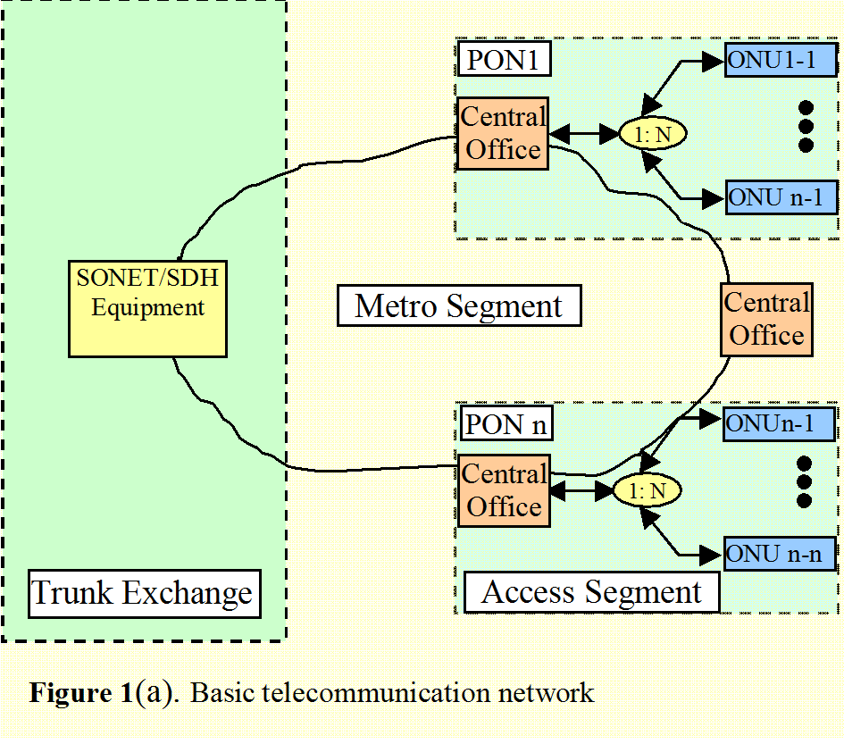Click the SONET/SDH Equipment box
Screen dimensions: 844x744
point(148,309)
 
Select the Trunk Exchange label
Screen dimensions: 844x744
point(145,594)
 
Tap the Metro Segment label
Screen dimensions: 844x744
point(459,305)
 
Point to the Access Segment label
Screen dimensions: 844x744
point(591,592)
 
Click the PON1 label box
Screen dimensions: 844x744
point(505,59)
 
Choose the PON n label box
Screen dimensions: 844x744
point(506,423)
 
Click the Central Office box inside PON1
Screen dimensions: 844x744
point(503,133)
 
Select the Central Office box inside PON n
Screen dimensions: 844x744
point(505,490)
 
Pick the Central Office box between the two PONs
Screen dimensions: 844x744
point(766,320)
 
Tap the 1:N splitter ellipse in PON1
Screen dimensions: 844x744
point(652,133)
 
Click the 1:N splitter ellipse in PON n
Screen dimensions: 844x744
point(648,490)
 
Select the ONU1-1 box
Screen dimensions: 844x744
point(781,60)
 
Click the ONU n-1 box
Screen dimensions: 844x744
point(781,197)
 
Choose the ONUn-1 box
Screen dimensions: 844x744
point(779,423)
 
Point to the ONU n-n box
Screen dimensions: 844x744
point(780,554)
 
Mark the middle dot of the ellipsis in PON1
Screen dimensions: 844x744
point(806,127)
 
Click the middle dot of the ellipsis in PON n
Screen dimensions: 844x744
point(804,481)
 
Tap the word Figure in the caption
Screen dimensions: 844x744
point(70,693)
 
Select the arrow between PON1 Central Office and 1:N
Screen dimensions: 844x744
point(584,133)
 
